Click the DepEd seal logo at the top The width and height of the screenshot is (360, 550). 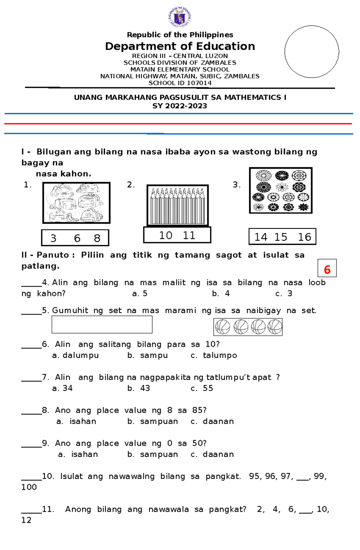tap(180, 17)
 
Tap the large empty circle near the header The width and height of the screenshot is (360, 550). tap(312, 52)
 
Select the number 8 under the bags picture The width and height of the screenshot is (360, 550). tap(97, 238)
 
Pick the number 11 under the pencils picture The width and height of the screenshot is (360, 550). tap(189, 235)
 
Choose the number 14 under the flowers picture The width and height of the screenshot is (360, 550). tap(261, 237)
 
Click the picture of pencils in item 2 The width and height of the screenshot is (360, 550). tap(178, 205)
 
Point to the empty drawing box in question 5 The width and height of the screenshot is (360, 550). tap(102, 325)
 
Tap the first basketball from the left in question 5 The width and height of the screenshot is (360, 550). tap(222, 327)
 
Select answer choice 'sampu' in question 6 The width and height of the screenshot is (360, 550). tap(154, 355)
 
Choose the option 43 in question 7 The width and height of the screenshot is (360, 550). tap(145, 388)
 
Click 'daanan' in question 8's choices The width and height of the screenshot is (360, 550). tap(218, 421)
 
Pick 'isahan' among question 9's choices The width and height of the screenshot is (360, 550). tap(84, 454)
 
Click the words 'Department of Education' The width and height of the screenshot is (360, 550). tap(180, 46)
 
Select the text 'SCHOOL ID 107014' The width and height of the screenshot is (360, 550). tap(180, 83)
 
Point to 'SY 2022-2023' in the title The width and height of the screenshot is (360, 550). tap(180, 106)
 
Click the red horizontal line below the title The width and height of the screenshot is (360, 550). tap(178, 123)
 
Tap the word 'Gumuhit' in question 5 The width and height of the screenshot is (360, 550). tap(70, 311)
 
